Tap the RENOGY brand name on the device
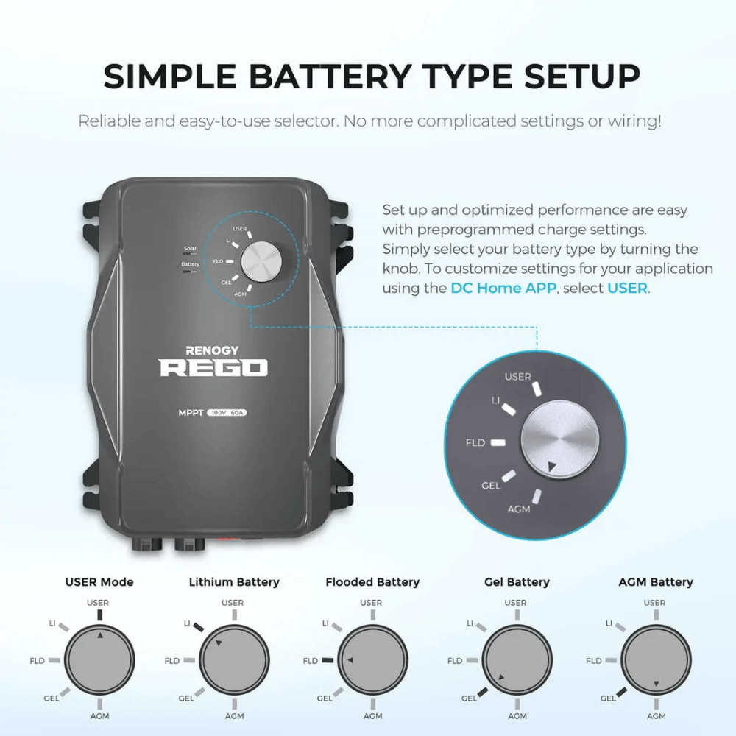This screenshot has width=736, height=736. pos(213,352)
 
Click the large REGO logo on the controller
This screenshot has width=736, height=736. pos(213,368)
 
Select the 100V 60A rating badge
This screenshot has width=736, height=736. pos(227,412)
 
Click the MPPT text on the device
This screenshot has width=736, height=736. pos(190,412)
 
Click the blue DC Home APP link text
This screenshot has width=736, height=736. pos(503,288)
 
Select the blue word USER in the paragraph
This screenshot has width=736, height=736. pos(627,288)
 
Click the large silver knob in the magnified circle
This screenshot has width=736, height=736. pos(557,441)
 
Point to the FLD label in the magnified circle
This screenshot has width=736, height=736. pos(475,443)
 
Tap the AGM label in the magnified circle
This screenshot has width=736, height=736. pos(519,509)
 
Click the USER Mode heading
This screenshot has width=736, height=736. pos(99,582)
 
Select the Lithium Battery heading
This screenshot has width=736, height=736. pos(234,582)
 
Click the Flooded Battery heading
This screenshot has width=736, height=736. pos(372,582)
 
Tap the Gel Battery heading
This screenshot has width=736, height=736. pos(517,582)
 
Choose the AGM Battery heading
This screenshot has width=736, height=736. pos(655,582)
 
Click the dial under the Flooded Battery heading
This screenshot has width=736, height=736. pos(372,660)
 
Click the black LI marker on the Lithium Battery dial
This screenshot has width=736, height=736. pos(199,626)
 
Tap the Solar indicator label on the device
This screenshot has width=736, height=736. pos(190,250)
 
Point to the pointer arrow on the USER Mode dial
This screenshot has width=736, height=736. pos(102,634)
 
